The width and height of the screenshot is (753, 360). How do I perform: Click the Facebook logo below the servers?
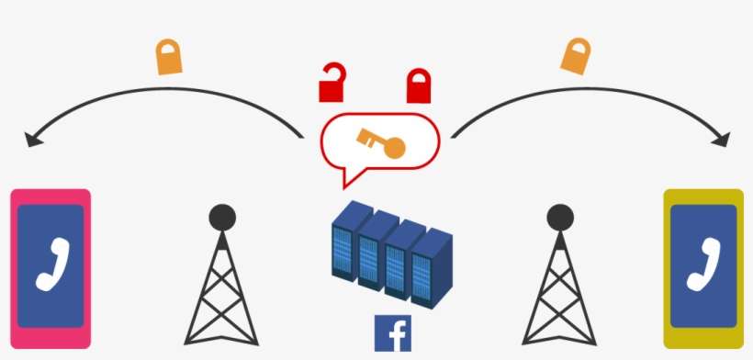393,332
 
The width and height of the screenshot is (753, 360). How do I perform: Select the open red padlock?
332,84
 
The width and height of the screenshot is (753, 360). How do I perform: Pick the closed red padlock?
419,85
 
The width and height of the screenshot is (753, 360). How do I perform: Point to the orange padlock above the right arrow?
576,56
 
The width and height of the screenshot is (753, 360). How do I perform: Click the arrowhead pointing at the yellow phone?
721,141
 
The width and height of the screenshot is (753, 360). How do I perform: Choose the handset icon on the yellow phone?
703,264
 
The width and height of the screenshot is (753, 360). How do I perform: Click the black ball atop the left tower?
221,218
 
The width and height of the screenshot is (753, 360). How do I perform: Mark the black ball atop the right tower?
560,218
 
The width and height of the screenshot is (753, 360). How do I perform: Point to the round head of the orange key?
394,147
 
